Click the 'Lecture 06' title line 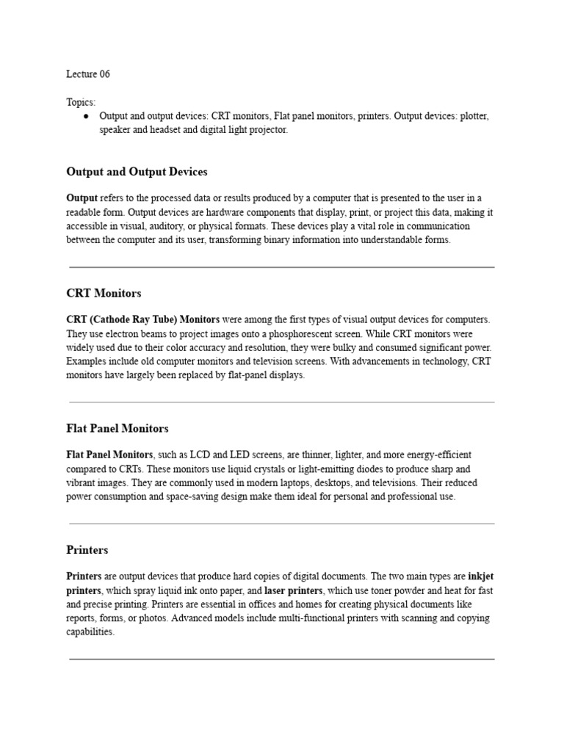[88, 74]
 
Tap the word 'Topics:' [81, 102]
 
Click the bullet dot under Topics [87, 117]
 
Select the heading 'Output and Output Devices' [137, 172]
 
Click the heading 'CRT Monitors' [104, 293]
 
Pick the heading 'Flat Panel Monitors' [117, 428]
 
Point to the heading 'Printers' [87, 550]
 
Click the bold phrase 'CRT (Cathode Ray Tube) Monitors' [143, 319]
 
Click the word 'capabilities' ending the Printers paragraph [90, 632]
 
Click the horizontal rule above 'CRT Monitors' [282, 267]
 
